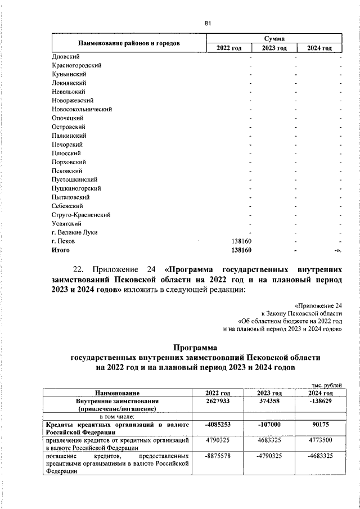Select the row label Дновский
tap(65, 57)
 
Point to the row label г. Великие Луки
tap(74, 232)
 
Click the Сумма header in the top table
tap(273, 38)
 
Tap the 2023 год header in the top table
tap(273, 48)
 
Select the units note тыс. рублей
tap(326, 385)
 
